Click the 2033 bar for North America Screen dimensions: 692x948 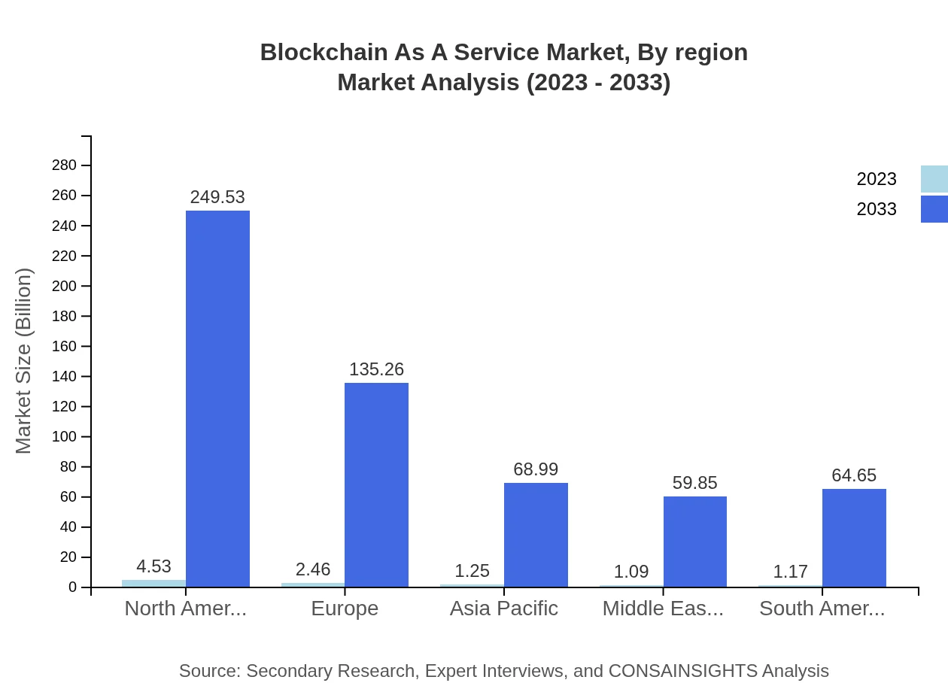click(x=217, y=399)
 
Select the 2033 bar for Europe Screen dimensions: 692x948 click(x=376, y=485)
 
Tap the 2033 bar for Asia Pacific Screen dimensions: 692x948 click(x=536, y=535)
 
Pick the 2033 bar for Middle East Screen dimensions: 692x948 click(x=695, y=542)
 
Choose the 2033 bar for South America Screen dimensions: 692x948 click(x=854, y=538)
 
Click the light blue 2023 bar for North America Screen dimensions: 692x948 click(x=153, y=583)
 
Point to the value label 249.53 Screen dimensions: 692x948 click(x=217, y=197)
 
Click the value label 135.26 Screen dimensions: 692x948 click(x=376, y=369)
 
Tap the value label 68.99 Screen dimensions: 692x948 click(x=536, y=469)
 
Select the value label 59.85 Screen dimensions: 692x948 click(x=695, y=483)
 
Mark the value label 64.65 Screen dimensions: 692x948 click(x=854, y=475)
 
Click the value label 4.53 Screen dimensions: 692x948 click(x=153, y=566)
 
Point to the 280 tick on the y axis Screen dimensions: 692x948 click(x=65, y=165)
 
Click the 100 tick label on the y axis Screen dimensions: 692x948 click(x=65, y=437)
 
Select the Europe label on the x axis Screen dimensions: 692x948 click(x=345, y=609)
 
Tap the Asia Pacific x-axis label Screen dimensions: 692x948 click(x=504, y=609)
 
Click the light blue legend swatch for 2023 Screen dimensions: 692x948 click(x=934, y=179)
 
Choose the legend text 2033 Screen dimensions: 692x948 click(x=877, y=209)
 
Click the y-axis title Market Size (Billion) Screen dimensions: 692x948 click(x=24, y=361)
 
